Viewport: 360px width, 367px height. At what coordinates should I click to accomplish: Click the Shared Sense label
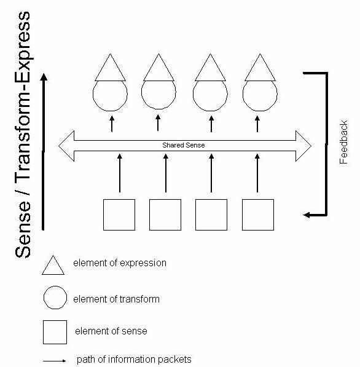point(184,145)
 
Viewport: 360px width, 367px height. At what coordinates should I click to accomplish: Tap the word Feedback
point(343,142)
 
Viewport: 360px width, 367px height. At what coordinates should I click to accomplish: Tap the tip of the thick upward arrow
point(44,74)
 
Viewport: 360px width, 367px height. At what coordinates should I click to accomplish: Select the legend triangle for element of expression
point(53,265)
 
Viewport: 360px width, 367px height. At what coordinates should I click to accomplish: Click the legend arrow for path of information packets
point(55,361)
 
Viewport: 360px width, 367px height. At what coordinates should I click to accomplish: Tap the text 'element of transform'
point(116,299)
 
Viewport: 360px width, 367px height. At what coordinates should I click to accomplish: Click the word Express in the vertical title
point(23,41)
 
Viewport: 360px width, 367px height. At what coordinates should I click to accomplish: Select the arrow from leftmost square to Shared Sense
point(120,173)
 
